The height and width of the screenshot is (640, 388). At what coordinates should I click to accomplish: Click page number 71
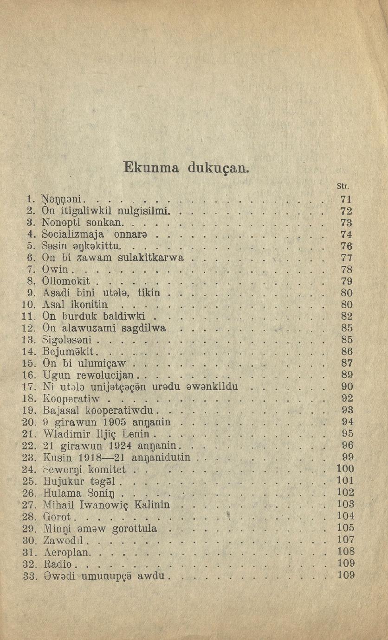pyautogui.click(x=346, y=199)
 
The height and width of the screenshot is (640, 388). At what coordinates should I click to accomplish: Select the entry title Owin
pyautogui.click(x=55, y=269)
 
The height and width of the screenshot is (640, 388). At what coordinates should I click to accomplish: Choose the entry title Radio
pyautogui.click(x=58, y=564)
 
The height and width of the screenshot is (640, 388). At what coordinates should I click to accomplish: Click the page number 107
pyautogui.click(x=345, y=540)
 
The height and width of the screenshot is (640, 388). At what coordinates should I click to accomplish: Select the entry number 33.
pyautogui.click(x=29, y=576)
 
